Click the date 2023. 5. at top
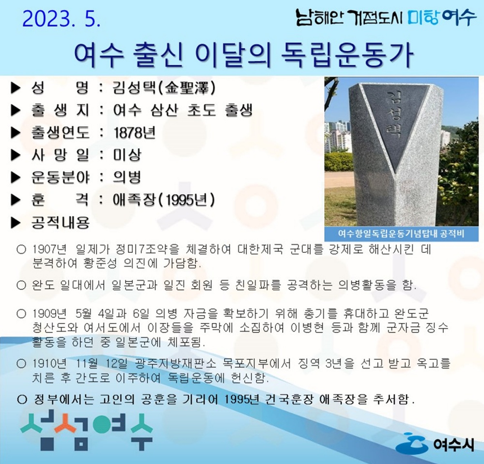[61, 18]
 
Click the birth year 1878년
[134, 132]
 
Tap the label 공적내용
[60, 222]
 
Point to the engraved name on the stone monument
[394, 115]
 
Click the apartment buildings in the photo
[337, 136]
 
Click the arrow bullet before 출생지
[16, 110]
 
